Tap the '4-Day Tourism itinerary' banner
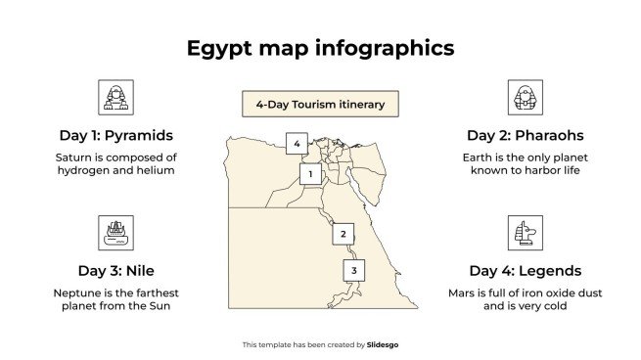320,104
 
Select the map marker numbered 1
310,174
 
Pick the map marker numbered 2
343,233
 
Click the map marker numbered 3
354,270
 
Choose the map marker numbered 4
298,144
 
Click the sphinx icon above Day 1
115,97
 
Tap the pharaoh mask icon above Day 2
525,97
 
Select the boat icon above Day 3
115,233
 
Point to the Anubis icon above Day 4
525,233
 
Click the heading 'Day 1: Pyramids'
115,135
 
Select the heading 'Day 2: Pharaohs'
525,135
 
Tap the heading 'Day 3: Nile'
115,271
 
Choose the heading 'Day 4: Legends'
525,271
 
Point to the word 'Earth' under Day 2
480,157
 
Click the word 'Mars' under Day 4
462,292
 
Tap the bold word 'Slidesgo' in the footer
383,344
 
